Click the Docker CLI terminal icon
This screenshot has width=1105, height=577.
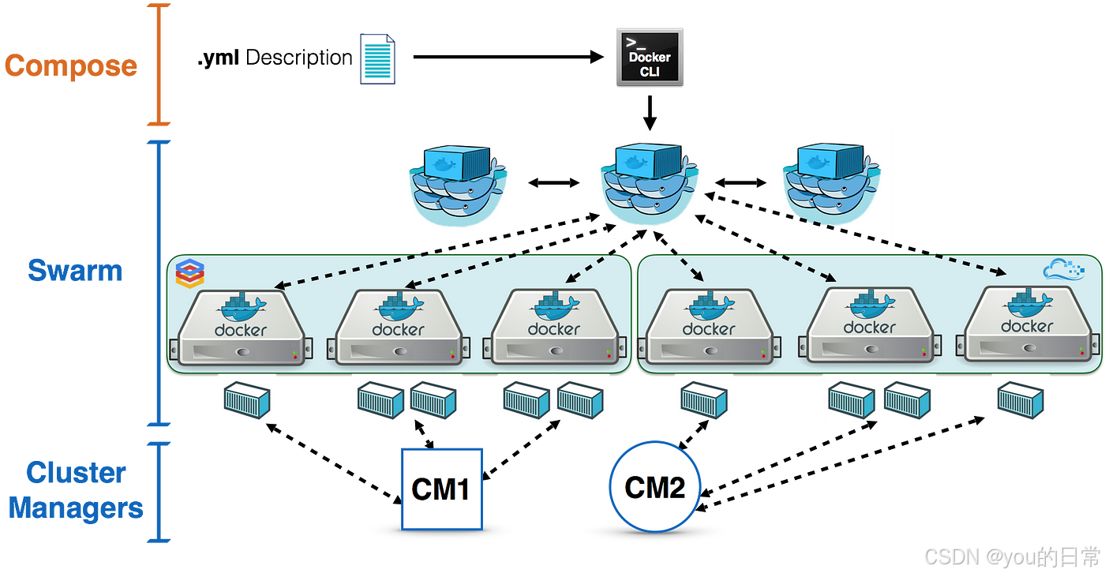pos(649,56)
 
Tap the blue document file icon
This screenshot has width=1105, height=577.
pos(377,59)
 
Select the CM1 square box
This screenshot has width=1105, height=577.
pos(441,489)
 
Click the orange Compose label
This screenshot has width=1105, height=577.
pos(71,66)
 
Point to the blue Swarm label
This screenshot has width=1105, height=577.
pos(76,271)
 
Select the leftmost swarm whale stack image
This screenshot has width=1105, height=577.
pos(458,182)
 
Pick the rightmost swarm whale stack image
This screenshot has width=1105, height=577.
pos(830,181)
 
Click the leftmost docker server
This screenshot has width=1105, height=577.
pos(240,328)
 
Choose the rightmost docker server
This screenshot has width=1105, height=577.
pos(1026,327)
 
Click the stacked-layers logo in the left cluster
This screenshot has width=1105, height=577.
pos(189,272)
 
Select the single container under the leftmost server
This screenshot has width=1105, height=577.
pos(246,399)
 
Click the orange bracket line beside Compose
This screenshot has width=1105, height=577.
pos(159,65)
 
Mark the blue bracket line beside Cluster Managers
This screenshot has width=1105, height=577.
pos(159,491)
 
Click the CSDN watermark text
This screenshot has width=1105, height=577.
pos(1010,556)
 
